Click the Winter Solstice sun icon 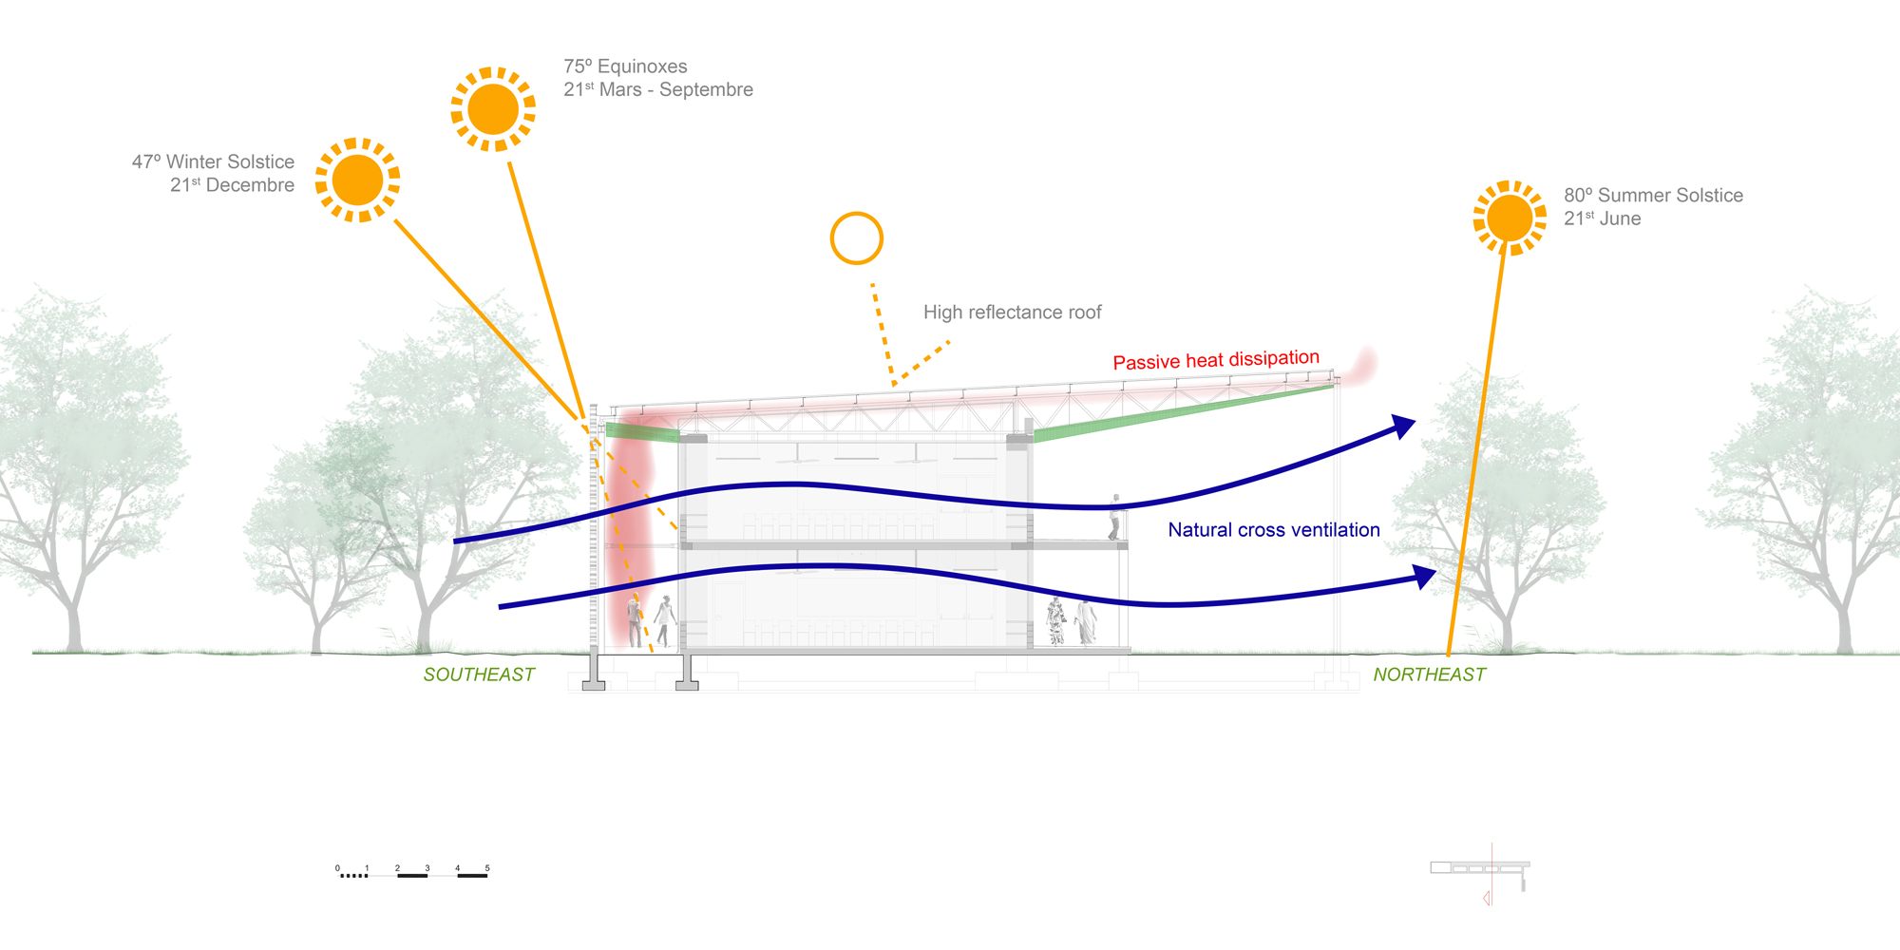pos(357,180)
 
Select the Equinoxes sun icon pos(493,109)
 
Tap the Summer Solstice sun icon pos(1510,218)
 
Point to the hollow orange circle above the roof pos(856,238)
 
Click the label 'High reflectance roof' pos(1012,313)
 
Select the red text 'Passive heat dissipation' pos(1216,360)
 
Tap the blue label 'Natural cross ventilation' pos(1273,530)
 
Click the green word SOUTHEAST pos(479,674)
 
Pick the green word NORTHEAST pos(1429,674)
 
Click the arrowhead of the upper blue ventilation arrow pos(1403,427)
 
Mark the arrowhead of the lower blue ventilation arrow pos(1424,576)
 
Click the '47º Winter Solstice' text pos(213,162)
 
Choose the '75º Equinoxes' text pos(625,66)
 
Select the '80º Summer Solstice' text pos(1653,196)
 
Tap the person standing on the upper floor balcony pos(1115,517)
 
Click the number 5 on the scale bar pos(487,868)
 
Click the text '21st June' pos(1602,218)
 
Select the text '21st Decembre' pos(232,185)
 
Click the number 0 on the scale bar pos(337,868)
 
